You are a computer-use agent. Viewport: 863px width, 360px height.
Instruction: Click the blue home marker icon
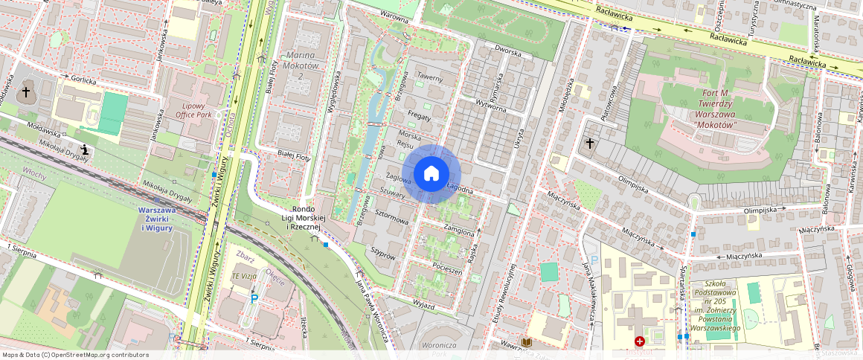click(x=431, y=174)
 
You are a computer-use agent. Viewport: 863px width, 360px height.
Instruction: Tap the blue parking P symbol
click(x=254, y=299)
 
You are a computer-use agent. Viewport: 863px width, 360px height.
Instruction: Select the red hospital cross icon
click(x=639, y=341)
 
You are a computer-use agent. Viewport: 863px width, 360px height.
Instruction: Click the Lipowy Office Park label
click(x=193, y=111)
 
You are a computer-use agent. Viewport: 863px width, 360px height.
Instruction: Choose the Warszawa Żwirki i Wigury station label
click(x=155, y=219)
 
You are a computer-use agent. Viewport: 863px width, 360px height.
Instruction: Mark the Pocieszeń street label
click(x=447, y=269)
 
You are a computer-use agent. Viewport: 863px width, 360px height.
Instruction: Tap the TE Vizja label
click(x=245, y=275)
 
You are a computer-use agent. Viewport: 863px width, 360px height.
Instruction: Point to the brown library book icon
click(x=527, y=341)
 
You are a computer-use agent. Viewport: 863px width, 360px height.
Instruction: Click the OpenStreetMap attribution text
click(x=74, y=355)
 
